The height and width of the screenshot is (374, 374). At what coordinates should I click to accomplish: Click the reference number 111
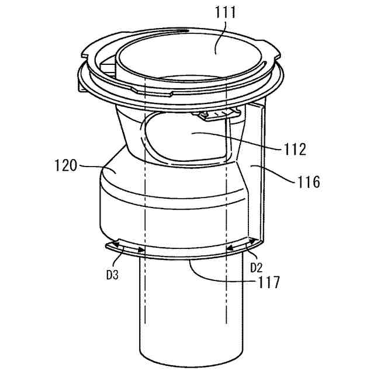pos(226,13)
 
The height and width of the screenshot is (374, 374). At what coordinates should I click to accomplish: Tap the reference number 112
pos(295,150)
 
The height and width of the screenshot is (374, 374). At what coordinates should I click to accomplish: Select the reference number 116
pos(308,182)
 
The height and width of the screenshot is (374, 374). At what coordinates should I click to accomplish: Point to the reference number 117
pos(268,282)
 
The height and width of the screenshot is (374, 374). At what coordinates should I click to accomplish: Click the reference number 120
pos(65,165)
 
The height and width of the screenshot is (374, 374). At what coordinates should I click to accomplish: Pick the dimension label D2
pos(256,268)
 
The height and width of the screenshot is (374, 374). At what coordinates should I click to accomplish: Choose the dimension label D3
pos(112,275)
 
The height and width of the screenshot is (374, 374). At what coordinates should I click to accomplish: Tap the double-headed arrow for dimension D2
pos(242,245)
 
